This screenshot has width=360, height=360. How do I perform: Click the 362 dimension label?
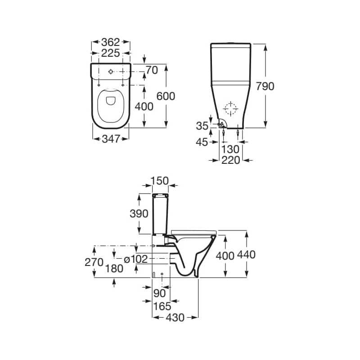click(111, 42)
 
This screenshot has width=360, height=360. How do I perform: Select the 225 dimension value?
click(111, 53)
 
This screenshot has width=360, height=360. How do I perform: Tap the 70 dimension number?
click(152, 70)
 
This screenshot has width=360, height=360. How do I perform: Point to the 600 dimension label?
click(166, 96)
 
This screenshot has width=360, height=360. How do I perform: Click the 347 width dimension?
click(111, 139)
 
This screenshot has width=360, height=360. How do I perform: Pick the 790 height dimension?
click(265, 86)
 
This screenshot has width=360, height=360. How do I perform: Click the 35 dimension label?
click(202, 126)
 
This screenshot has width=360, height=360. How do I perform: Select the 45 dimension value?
click(202, 142)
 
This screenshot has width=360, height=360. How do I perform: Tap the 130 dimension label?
click(230, 149)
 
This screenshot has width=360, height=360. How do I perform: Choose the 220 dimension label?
click(231, 160)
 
